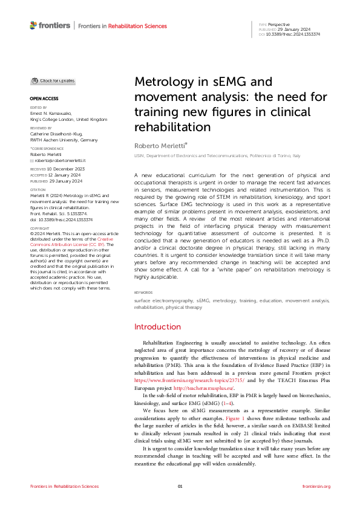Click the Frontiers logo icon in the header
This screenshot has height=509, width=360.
tap(33, 25)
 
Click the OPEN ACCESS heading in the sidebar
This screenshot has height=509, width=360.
tap(43, 98)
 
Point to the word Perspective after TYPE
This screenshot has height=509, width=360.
tap(280, 24)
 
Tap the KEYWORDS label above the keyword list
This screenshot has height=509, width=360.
tap(144, 293)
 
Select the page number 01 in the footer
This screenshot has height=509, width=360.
tap(180, 486)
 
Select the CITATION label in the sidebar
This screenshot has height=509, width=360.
tap(38, 189)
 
